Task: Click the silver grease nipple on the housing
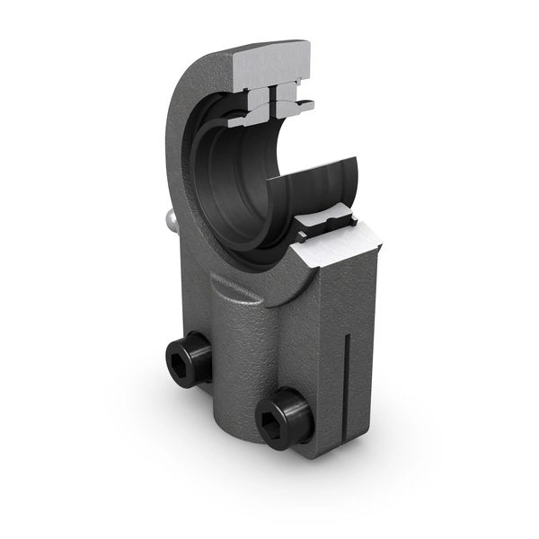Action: (169, 217)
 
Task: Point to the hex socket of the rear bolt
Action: (177, 363)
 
